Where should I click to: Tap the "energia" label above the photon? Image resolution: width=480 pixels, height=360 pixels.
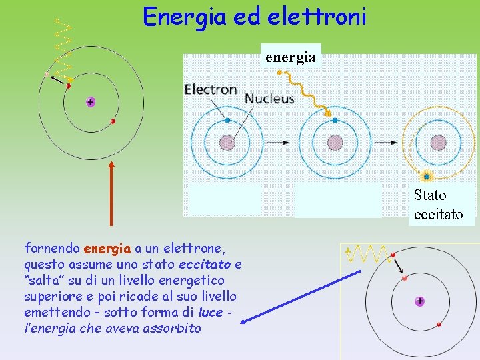click(x=290, y=57)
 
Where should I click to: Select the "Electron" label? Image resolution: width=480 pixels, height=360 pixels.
click(x=211, y=89)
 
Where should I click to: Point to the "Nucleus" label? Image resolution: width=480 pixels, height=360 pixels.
click(x=269, y=98)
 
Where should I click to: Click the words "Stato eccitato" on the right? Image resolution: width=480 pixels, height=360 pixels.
click(x=438, y=205)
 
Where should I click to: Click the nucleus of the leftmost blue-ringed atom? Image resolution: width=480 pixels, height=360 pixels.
click(x=227, y=143)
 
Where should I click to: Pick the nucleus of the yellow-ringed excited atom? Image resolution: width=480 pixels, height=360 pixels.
click(x=438, y=143)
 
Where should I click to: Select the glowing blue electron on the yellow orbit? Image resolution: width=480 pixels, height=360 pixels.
click(x=427, y=177)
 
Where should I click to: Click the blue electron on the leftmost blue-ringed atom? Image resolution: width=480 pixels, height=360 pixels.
click(x=227, y=121)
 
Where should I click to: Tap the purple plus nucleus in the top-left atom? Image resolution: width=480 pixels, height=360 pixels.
click(x=90, y=102)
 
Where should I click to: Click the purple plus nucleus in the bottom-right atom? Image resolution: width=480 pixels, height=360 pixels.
click(x=419, y=301)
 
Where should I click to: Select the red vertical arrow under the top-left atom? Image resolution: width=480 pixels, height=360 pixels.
click(x=111, y=193)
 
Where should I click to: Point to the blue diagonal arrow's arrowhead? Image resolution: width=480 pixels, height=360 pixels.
click(x=244, y=321)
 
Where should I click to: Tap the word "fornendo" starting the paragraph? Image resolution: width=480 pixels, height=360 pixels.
click(x=52, y=249)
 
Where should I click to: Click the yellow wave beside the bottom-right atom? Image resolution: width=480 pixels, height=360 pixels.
click(x=367, y=253)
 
